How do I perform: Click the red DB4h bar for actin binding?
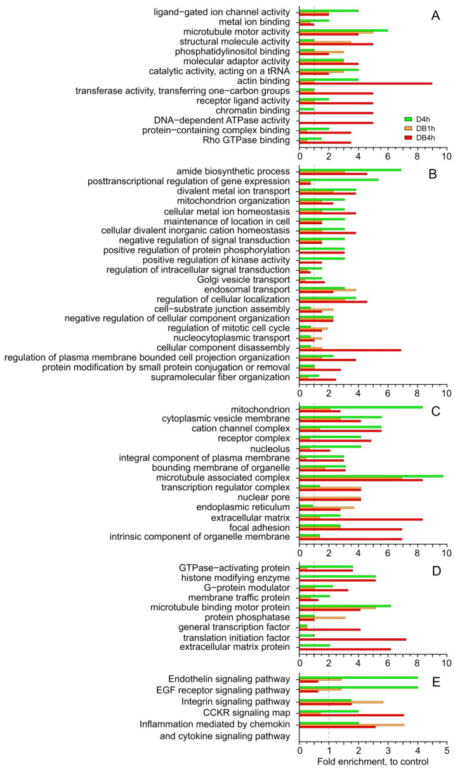point(366,83)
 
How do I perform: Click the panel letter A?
point(435,16)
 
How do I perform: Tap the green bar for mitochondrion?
point(360,407)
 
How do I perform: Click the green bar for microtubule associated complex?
point(371,476)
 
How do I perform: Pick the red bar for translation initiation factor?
point(352,639)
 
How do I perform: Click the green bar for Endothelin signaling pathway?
point(358,678)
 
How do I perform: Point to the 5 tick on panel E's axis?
point(447,749)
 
